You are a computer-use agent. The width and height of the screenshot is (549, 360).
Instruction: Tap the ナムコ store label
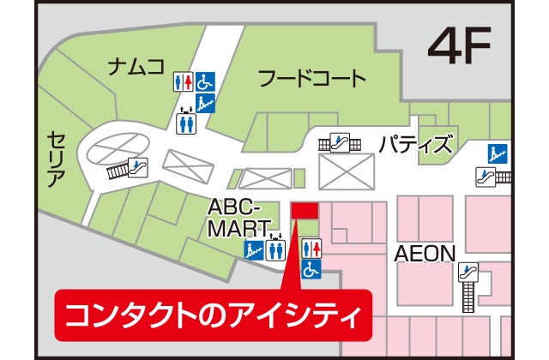[x=136, y=66]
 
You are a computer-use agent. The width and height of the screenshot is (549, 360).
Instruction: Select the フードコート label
[x=312, y=80]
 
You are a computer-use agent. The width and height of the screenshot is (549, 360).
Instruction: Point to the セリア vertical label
[x=56, y=160]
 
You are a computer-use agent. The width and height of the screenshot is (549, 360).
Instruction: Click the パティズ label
[x=415, y=144]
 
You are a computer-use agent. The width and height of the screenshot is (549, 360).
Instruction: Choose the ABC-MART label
[x=240, y=218]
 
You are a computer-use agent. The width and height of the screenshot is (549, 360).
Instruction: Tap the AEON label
[x=423, y=255]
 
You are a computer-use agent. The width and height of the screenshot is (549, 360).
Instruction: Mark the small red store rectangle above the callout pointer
[x=305, y=210]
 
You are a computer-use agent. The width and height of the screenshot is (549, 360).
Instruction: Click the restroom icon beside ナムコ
[x=184, y=81]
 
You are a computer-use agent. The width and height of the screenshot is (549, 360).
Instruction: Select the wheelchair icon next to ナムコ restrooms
[x=205, y=81]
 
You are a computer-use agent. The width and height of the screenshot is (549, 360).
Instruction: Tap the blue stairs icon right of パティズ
[x=495, y=154]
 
